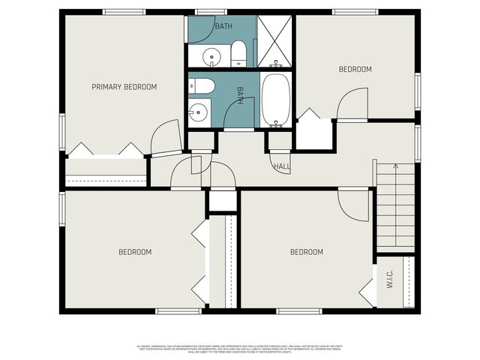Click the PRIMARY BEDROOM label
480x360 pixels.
click(124, 87)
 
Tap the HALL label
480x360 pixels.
click(282, 166)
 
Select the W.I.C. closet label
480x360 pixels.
click(390, 280)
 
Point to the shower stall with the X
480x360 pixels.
click(274, 40)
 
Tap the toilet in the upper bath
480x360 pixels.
click(238, 52)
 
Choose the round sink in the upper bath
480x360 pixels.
click(212, 55)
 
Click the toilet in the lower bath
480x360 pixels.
click(205, 85)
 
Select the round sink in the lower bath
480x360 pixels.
click(198, 112)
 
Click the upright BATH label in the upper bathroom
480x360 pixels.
click(223, 27)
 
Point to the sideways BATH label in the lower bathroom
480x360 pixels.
click(240, 95)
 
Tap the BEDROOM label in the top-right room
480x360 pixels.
click(355, 70)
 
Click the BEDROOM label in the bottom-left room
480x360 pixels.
click(135, 252)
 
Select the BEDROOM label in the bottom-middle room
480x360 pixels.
click(307, 252)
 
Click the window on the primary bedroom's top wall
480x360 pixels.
click(124, 11)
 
